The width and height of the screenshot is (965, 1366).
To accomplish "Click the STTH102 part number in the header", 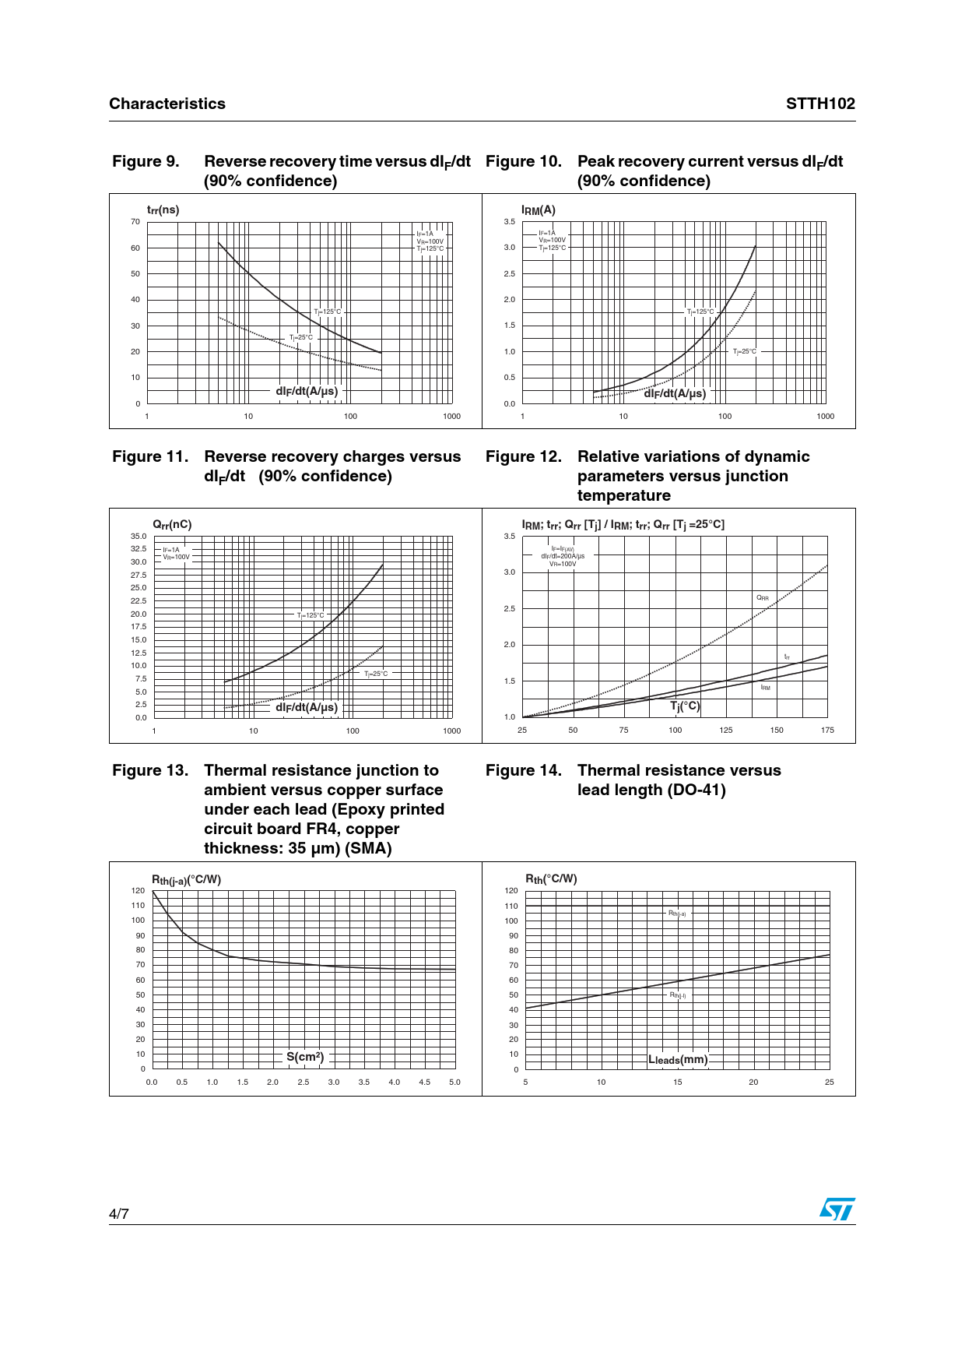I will click(820, 104).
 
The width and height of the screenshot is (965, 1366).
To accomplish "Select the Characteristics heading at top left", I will click(167, 104).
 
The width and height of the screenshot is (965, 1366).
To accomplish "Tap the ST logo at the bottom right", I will click(837, 1209).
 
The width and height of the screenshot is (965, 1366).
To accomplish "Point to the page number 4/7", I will click(119, 1214).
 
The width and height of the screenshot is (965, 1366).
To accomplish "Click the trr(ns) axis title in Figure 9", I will click(163, 210).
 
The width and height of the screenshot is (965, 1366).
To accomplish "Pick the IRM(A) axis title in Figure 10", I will click(538, 210).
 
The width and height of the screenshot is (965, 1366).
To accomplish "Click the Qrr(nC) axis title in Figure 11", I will click(172, 525).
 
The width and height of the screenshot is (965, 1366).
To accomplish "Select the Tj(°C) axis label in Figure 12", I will click(685, 706).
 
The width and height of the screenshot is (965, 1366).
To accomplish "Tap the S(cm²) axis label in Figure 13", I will click(305, 1057).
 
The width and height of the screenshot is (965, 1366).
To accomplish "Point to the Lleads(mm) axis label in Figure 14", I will click(678, 1060).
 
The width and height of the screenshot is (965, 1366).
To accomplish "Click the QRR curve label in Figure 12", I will click(763, 598).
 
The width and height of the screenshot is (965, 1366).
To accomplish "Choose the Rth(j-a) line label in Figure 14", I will click(677, 913).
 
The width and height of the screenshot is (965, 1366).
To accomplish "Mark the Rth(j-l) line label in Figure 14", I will click(678, 995).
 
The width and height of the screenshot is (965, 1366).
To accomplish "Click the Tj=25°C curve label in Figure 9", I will click(301, 337).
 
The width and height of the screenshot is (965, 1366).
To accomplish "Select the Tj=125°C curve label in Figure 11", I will click(311, 615).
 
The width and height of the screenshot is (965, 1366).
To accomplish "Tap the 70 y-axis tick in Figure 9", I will click(135, 222).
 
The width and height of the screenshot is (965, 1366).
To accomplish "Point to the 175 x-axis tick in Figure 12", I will click(827, 731).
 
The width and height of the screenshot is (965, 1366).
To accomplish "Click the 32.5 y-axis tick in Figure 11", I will click(139, 549).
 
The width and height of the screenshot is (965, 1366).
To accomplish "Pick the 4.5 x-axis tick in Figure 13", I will click(424, 1083).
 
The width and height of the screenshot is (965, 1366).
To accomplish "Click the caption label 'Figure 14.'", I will click(523, 770).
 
